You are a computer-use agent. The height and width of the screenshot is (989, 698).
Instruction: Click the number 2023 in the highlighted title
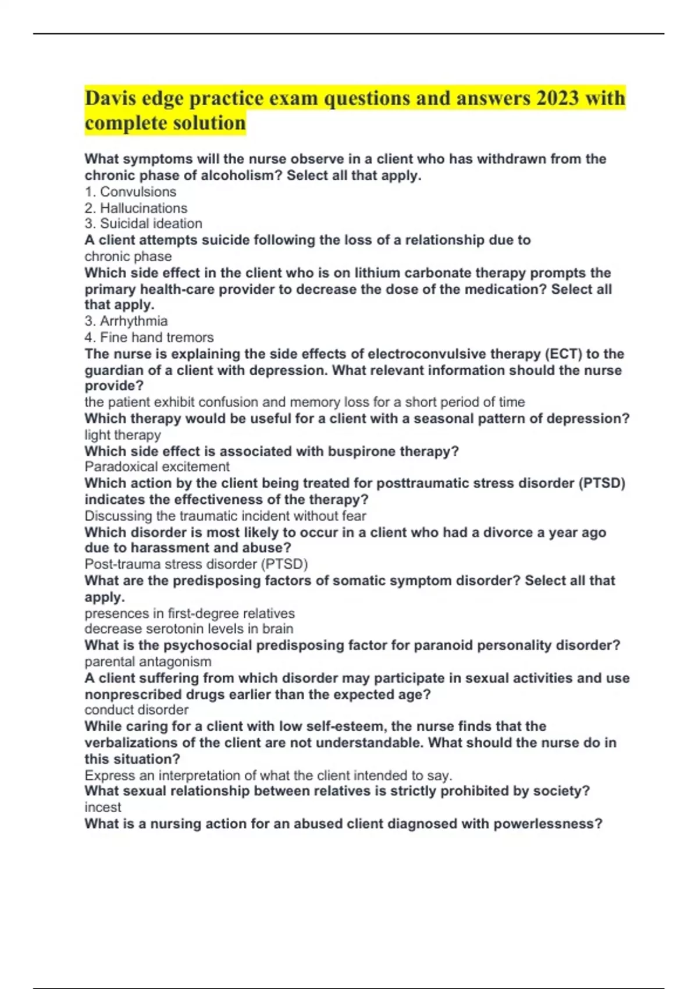(x=558, y=98)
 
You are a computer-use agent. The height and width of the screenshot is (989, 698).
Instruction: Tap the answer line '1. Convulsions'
(x=130, y=192)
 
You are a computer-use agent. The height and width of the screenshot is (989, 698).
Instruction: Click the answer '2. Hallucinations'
(x=136, y=208)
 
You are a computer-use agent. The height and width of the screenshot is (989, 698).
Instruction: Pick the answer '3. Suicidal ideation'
(x=144, y=224)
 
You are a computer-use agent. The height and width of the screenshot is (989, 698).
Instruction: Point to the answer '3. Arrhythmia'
(x=126, y=321)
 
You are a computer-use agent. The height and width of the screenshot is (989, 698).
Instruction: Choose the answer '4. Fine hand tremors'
(x=149, y=337)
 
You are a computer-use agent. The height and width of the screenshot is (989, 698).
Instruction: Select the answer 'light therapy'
(x=123, y=435)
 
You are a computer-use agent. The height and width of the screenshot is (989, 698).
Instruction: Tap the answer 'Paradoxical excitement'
(x=157, y=467)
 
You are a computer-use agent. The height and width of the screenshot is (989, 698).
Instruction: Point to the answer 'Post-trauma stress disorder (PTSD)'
(x=196, y=564)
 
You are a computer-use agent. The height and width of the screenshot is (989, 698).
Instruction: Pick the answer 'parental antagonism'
(x=148, y=662)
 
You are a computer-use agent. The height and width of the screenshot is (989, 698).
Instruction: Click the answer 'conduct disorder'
(x=136, y=710)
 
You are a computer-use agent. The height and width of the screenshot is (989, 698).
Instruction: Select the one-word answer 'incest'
(x=103, y=807)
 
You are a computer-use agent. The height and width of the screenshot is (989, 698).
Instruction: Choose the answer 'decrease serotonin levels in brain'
(x=189, y=629)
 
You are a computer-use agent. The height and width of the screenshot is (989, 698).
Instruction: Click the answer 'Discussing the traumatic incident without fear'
(x=225, y=516)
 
